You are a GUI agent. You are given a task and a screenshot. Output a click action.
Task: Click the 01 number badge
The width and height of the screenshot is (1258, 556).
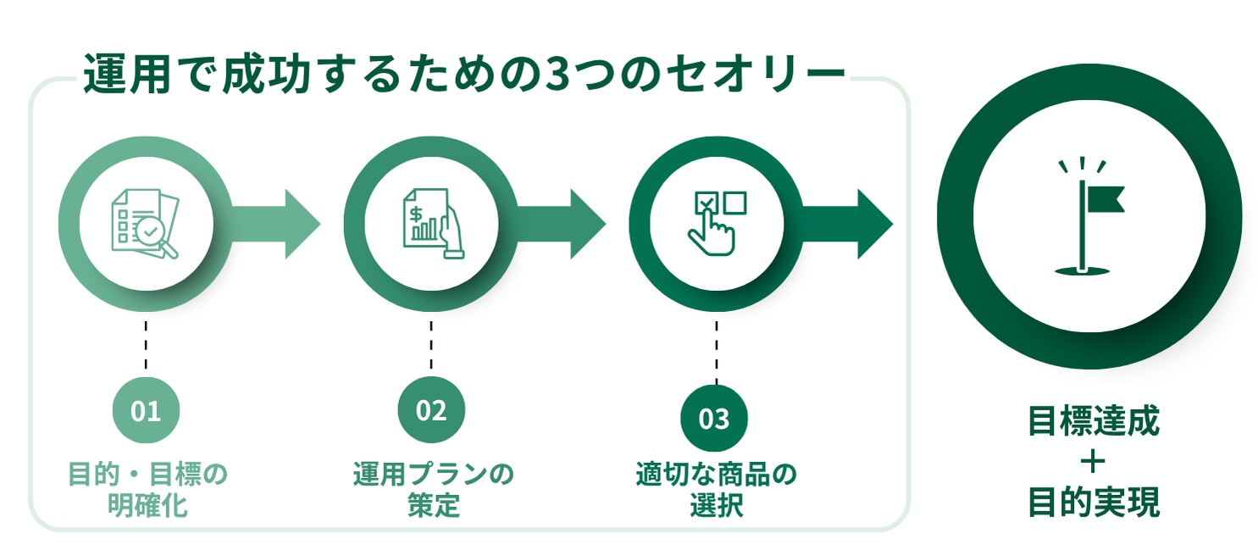click(146, 410)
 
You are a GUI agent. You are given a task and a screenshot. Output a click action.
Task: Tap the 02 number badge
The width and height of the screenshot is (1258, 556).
click(431, 410)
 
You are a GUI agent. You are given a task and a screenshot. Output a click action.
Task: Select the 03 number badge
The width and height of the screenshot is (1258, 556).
click(714, 419)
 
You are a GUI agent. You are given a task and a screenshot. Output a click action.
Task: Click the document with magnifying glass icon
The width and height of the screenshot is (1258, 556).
click(146, 224)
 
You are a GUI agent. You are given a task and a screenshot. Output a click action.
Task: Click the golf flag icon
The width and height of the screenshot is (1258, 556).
click(1089, 216)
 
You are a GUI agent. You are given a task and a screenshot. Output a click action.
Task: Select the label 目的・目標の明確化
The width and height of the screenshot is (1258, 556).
click(147, 489)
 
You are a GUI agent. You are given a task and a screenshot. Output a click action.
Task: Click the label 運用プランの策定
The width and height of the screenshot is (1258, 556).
click(433, 489)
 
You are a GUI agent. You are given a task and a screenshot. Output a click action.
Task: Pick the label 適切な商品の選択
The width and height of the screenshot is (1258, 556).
click(716, 489)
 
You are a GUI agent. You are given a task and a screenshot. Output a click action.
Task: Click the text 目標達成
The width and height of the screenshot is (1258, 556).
click(1094, 420)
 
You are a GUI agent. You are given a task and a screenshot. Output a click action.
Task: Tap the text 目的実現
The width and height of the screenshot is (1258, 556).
click(1094, 502)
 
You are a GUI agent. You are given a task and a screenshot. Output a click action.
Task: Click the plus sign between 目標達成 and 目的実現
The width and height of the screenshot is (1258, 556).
click(1093, 462)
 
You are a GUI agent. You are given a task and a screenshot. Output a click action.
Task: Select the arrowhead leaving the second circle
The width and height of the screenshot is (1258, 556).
click(588, 224)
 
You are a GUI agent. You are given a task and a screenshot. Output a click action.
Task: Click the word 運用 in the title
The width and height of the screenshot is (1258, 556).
click(127, 74)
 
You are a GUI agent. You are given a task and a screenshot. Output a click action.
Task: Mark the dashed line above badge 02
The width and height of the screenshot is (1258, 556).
click(431, 345)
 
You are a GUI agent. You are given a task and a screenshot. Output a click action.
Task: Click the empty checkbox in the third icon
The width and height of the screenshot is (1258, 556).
click(734, 203)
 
